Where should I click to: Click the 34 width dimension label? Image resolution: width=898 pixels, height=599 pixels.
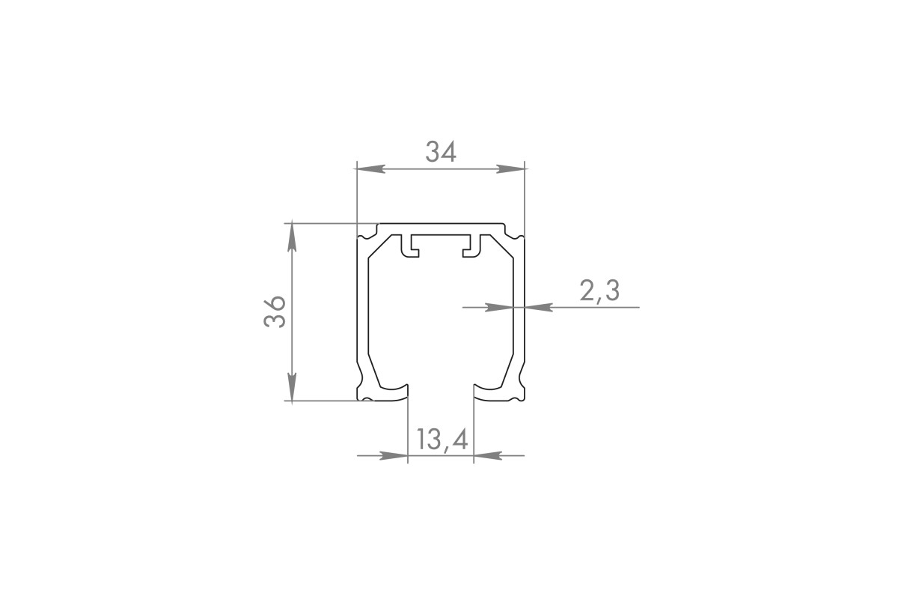[x=441, y=152]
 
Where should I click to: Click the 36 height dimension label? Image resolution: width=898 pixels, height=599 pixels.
[x=275, y=311]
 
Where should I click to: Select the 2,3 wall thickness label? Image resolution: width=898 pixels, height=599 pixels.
[x=599, y=291]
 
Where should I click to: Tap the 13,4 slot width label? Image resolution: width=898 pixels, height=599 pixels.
[x=442, y=439]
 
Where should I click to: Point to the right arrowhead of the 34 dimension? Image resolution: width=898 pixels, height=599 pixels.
[x=510, y=169]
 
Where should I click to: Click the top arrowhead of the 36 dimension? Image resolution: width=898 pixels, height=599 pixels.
[x=293, y=237]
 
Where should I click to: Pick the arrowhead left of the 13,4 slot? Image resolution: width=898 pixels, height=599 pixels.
[x=394, y=455]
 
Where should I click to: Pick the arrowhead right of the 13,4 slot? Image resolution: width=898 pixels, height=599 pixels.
[x=488, y=455]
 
